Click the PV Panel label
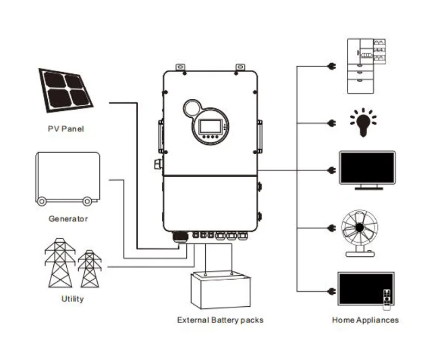65,129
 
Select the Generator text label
68,219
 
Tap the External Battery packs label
220,320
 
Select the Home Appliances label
365,320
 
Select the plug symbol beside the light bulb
331,123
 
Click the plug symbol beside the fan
331,228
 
